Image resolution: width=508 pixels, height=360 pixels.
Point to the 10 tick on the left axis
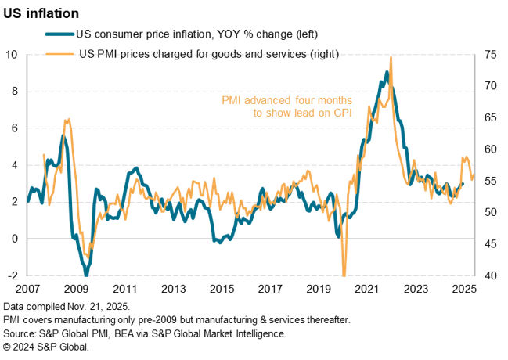pos(13,55)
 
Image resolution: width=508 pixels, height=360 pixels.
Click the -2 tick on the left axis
pos(12,275)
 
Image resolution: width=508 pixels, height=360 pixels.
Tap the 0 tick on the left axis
pos(15,239)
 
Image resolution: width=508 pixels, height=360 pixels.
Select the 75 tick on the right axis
pos(490,55)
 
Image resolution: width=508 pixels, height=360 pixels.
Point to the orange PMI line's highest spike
pos(391,58)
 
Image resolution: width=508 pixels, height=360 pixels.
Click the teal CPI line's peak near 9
pos(387,73)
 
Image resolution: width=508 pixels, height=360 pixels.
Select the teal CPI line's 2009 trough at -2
pos(86,275)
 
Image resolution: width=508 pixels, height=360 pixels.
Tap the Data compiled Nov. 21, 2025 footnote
pos(67,306)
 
